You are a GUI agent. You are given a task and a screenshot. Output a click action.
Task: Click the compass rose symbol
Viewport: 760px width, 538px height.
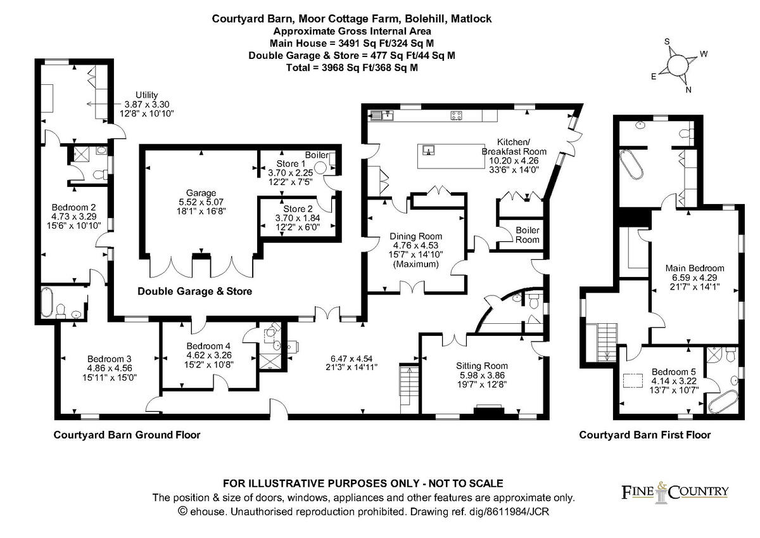pos(678,64)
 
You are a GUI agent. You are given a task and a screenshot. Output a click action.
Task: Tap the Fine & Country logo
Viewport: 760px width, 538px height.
pos(673,492)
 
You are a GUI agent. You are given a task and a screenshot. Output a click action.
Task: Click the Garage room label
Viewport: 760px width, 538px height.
pos(201,193)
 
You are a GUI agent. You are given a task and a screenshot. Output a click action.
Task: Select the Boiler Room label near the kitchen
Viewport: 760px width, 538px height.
pos(527,234)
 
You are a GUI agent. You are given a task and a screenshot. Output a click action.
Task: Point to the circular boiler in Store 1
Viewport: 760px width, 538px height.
pos(322,168)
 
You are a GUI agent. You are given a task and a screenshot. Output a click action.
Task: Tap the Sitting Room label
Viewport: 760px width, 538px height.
pos(482,366)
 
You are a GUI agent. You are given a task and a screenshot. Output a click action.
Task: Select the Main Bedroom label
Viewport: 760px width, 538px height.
pos(694,268)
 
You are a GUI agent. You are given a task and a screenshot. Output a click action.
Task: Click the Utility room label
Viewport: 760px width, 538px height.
pos(146,94)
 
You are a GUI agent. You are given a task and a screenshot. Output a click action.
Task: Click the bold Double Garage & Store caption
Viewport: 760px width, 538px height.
pos(195,291)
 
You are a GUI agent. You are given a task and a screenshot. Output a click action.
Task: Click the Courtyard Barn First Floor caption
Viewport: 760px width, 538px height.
pos(645,435)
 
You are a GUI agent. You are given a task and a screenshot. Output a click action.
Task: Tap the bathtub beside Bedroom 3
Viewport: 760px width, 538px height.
pos(48,303)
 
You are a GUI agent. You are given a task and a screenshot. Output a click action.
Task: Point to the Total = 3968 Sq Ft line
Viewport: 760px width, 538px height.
pos(351,67)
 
